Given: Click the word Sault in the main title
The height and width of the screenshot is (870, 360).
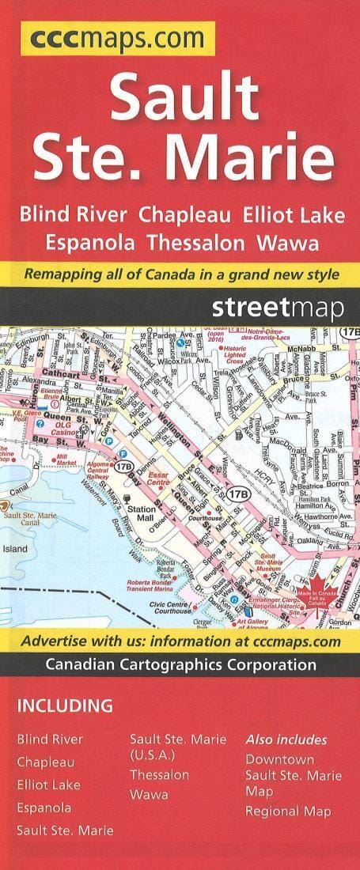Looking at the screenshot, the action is point(184,98).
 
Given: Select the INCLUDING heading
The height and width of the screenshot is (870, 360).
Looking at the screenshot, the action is point(65,705).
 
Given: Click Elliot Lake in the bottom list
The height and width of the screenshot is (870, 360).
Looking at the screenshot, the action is point(49,785).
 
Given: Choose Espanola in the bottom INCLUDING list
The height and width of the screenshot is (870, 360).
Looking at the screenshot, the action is point(44,808).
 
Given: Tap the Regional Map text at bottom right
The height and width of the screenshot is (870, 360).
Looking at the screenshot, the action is point(288,811).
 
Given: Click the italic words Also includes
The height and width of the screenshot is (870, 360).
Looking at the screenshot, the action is point(286,739).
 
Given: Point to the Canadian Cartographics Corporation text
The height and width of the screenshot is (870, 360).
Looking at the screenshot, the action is point(180,665).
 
